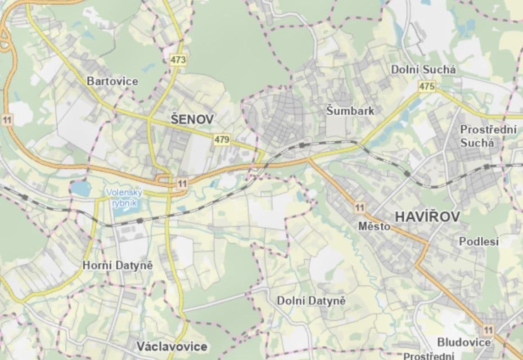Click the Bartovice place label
pos(113,81)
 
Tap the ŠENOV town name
pos(192,119)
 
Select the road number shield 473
pos(178,60)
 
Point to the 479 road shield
pos(222,139)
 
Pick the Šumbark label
pos(351,111)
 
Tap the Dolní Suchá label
pos(423,70)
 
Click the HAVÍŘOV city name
pos(428,217)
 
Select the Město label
pos(374,226)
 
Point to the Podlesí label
pos(479,242)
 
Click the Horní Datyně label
pos(118,265)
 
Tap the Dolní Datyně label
pos(311,301)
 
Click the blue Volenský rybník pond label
pos(124,198)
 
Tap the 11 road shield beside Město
pos(359,207)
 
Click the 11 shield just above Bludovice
pos(488,328)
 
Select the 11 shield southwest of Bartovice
pos(7,120)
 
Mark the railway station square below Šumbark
pos(302,145)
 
